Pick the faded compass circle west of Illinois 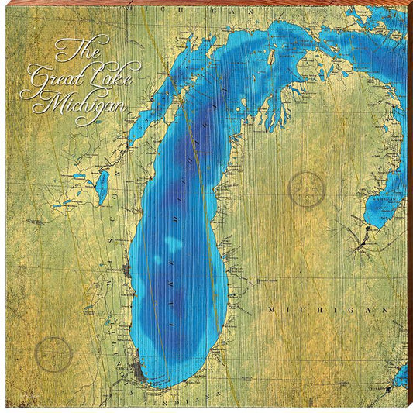[x=53, y=355]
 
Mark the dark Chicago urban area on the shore [x=139, y=369]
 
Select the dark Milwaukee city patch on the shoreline [x=126, y=270]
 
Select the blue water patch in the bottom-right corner [x=401, y=377]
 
